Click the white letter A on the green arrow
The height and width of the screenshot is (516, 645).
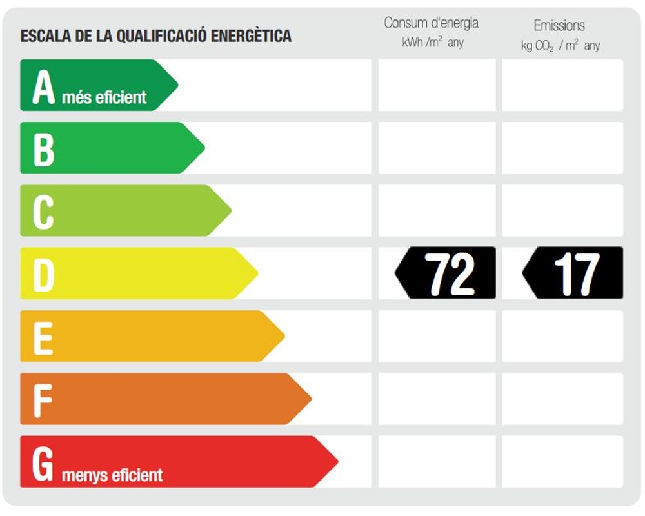pyautogui.click(x=43, y=86)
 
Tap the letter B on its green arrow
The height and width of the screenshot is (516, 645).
pyautogui.click(x=43, y=148)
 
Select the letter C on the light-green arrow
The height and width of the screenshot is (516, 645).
pyautogui.click(x=43, y=211)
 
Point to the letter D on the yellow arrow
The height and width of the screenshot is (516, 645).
pyautogui.click(x=43, y=273)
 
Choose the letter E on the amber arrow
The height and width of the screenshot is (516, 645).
pyautogui.click(x=43, y=336)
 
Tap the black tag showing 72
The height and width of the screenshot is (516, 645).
pyautogui.click(x=446, y=273)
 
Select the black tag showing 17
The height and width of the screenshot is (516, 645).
pyautogui.click(x=573, y=273)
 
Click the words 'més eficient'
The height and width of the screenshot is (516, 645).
pyautogui.click(x=104, y=98)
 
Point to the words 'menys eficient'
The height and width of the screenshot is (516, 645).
pyautogui.click(x=112, y=476)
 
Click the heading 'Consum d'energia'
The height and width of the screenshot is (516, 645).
pyautogui.click(x=431, y=23)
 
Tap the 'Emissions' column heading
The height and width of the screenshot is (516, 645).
pyautogui.click(x=559, y=26)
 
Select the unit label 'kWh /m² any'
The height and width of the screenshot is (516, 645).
pyautogui.click(x=432, y=43)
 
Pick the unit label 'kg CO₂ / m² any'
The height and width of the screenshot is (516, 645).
pyautogui.click(x=560, y=46)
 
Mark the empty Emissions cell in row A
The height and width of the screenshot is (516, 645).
pyautogui.click(x=562, y=85)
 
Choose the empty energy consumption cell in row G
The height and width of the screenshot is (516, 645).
pyautogui.click(x=437, y=461)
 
